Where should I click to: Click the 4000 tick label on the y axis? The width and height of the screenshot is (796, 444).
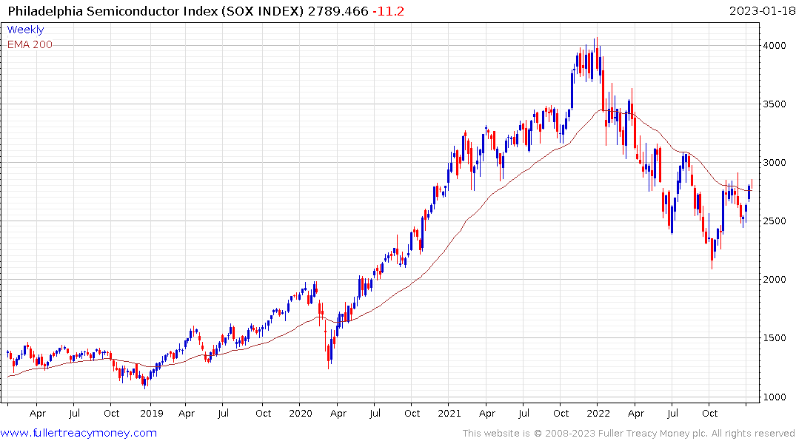click(x=775, y=46)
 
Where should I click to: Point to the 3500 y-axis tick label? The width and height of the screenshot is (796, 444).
click(x=775, y=104)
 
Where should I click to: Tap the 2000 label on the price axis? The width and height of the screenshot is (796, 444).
click(x=775, y=280)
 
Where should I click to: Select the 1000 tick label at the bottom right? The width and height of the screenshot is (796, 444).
click(x=775, y=397)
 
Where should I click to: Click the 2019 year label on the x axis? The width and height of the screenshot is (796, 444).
click(x=151, y=414)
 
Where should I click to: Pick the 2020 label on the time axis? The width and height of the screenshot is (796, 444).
click(x=301, y=414)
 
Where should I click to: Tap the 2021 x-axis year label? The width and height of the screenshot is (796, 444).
click(x=449, y=414)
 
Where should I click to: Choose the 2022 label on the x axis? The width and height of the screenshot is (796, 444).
click(x=599, y=414)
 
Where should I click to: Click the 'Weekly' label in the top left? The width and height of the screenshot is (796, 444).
click(x=25, y=30)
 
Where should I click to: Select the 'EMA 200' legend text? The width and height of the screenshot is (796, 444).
click(x=30, y=44)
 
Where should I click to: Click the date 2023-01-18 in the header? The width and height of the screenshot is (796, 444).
click(x=759, y=10)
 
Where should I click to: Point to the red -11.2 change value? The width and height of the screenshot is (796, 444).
click(x=388, y=10)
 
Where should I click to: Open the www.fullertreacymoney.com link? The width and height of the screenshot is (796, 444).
click(x=79, y=433)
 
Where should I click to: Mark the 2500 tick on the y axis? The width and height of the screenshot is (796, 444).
click(x=775, y=221)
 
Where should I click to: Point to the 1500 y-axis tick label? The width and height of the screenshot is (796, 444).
click(x=775, y=338)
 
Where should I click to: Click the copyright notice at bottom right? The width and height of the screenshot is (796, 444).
click(x=629, y=434)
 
